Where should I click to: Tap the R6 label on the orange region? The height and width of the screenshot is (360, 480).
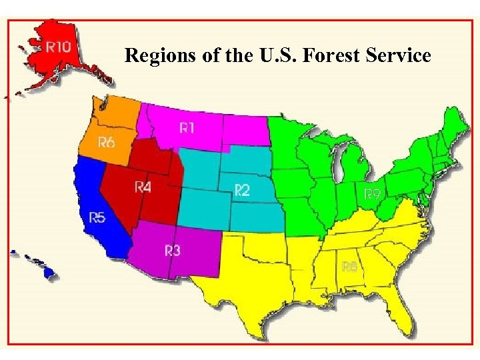pyautogui.click(x=107, y=142)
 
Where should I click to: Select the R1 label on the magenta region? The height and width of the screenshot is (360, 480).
pyautogui.click(x=187, y=127)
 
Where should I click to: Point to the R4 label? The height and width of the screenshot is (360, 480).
pyautogui.click(x=143, y=187)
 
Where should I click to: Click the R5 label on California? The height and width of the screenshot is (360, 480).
pyautogui.click(x=97, y=217)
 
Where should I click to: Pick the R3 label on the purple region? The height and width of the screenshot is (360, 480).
pyautogui.click(x=172, y=250)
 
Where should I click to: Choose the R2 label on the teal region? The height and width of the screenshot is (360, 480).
pyautogui.click(x=241, y=191)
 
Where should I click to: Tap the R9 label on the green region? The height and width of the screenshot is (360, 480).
pyautogui.click(x=372, y=194)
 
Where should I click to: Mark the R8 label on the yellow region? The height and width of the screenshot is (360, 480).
pyautogui.click(x=350, y=266)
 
